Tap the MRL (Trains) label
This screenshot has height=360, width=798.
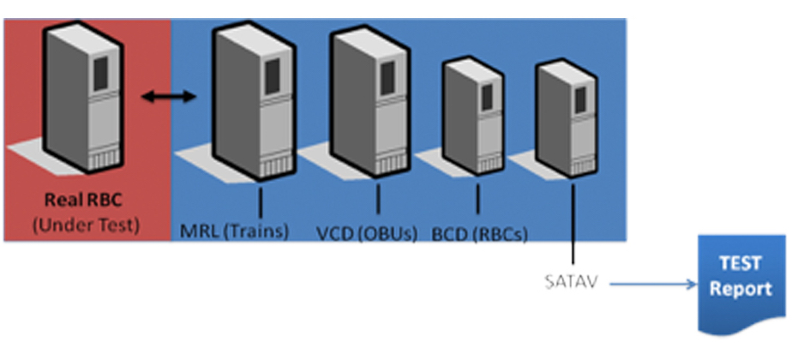click(x=235, y=231)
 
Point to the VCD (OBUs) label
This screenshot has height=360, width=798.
click(x=360, y=231)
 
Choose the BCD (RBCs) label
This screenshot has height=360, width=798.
click(x=479, y=231)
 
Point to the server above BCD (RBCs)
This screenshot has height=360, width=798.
click(x=474, y=116)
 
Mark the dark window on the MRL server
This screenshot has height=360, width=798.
click(x=271, y=76)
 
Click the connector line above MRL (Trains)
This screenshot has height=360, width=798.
click(x=259, y=201)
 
